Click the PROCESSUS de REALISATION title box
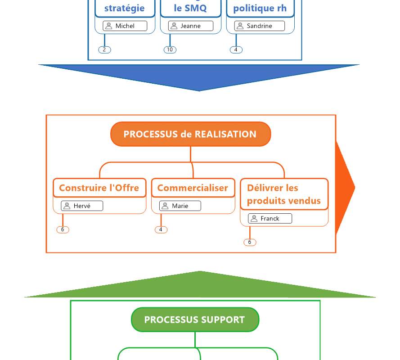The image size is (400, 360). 190,134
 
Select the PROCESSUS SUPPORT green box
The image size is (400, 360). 195,319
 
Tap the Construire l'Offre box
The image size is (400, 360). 99,188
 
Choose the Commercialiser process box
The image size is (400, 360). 193,188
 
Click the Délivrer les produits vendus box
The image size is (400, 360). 284,194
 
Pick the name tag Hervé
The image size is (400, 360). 82,206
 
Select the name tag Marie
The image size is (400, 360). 180,206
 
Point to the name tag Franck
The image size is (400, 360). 270,219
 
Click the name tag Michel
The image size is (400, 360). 125,26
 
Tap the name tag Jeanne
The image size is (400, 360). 190,26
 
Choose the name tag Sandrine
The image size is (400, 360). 259,26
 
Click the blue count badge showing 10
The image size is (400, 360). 170,50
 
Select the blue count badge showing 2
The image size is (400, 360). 104,50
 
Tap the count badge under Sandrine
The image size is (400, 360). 236,50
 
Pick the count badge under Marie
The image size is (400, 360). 161,230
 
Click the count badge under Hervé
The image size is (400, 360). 63,230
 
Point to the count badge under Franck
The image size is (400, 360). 250,243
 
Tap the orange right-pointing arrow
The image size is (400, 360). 344,188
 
